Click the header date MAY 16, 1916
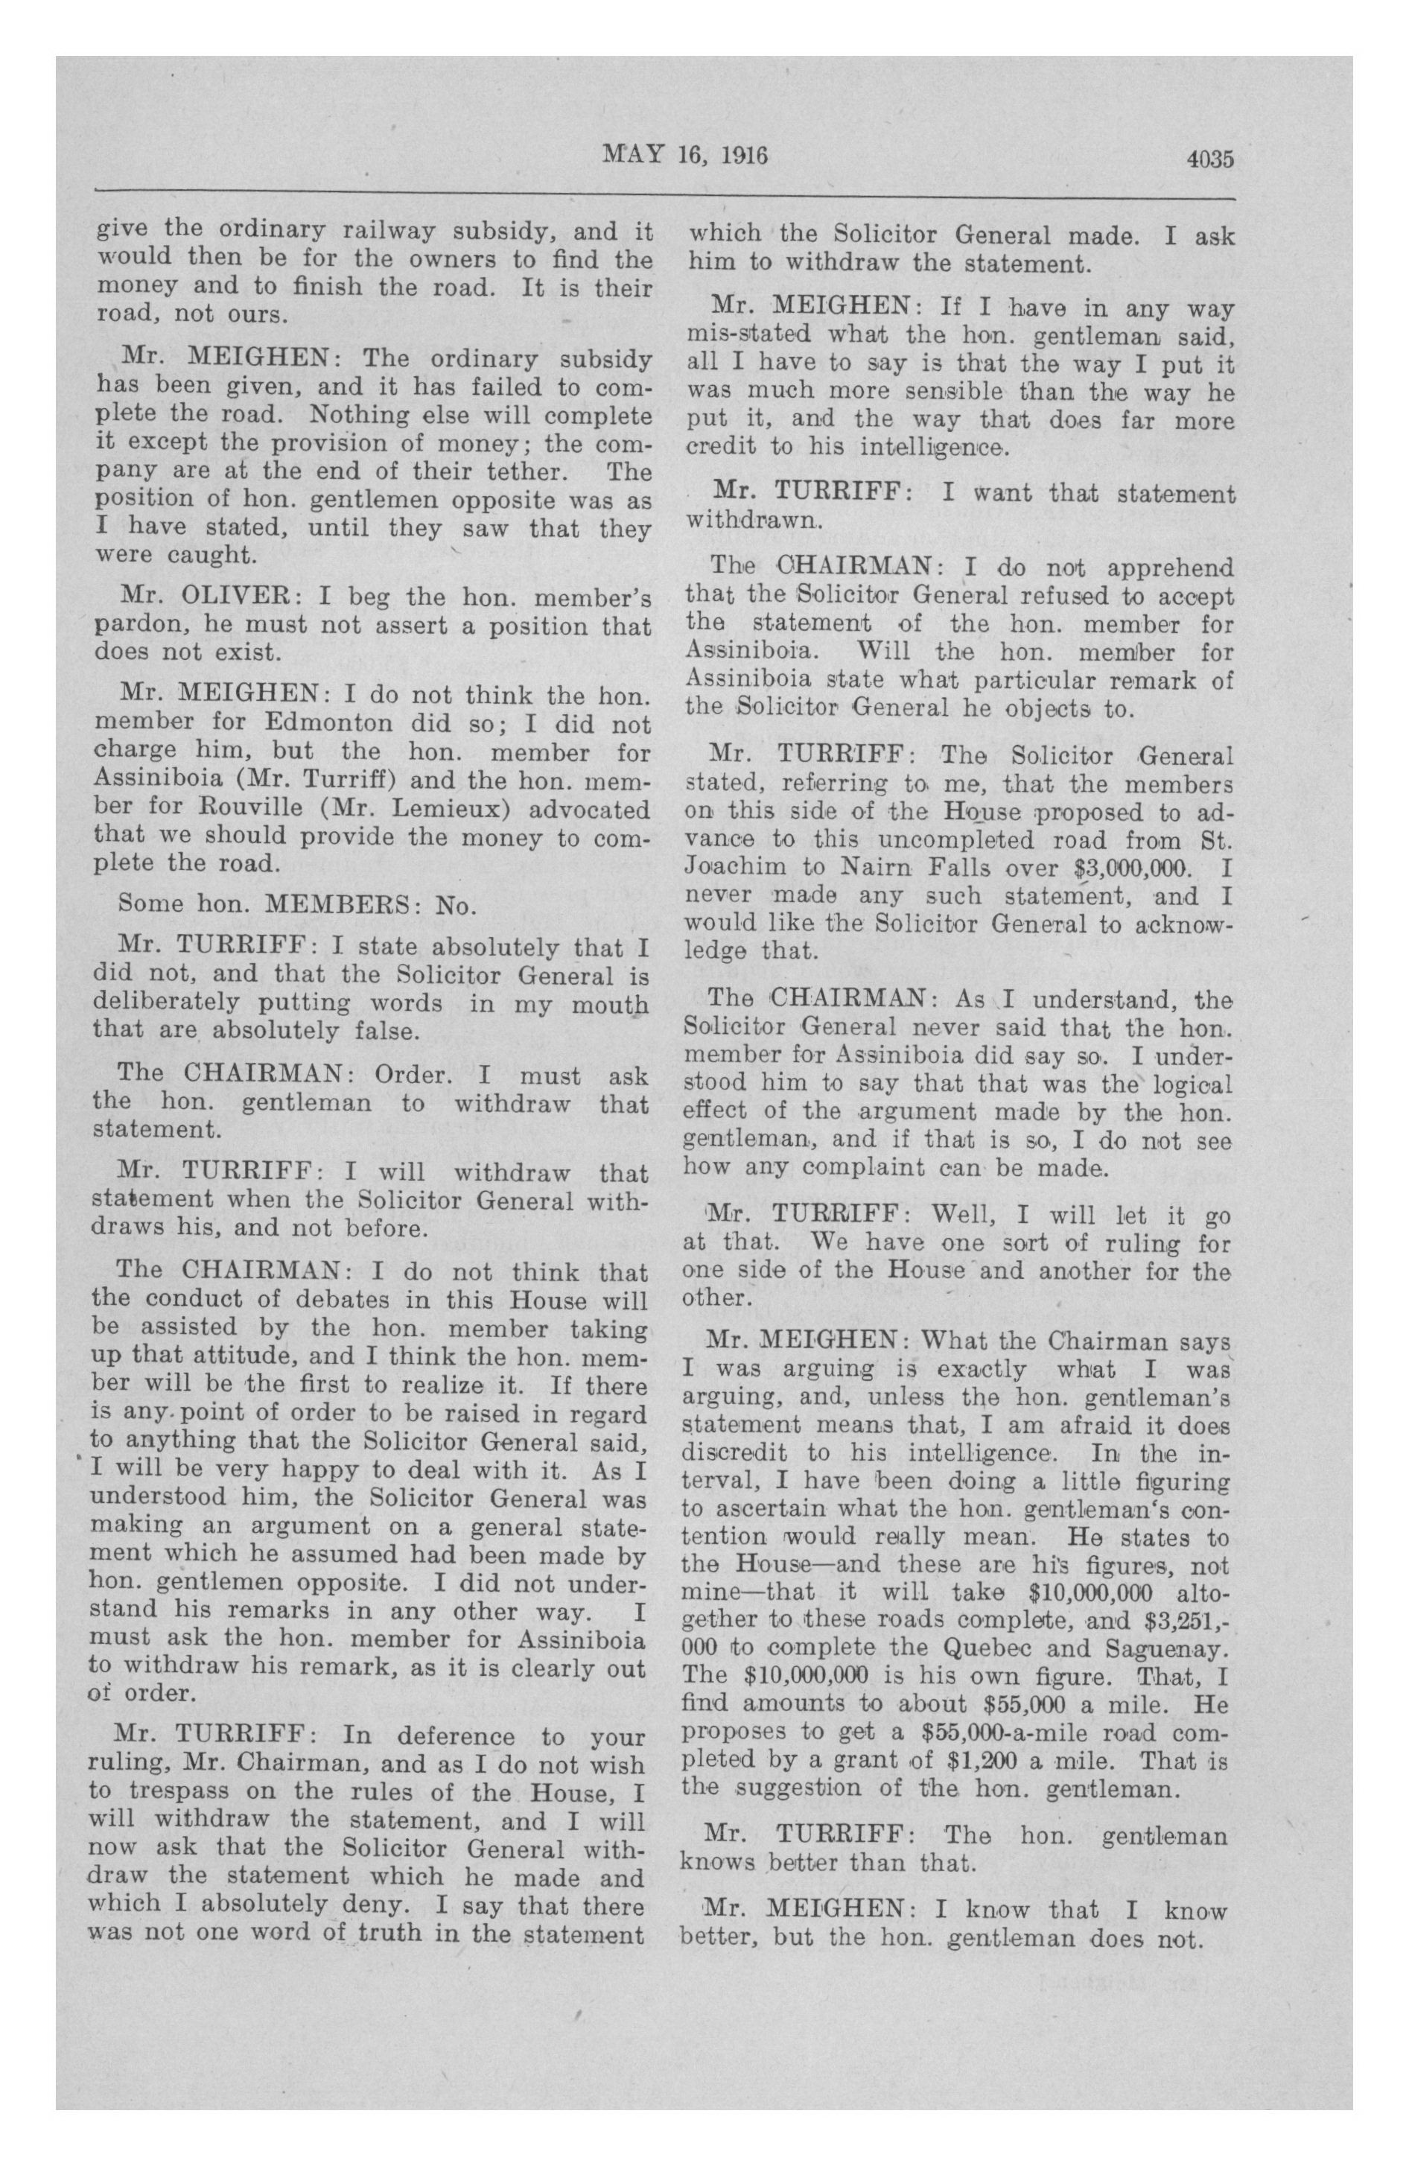(x=685, y=156)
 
